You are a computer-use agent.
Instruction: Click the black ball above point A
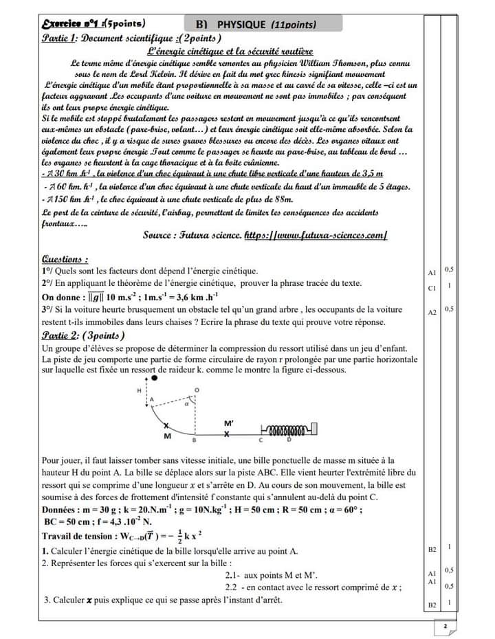(x=155, y=377)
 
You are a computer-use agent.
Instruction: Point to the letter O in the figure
(x=197, y=390)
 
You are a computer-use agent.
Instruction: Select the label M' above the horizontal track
(x=228, y=423)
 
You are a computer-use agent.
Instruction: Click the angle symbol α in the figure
(x=185, y=404)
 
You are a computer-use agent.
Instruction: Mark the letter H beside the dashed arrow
(x=140, y=390)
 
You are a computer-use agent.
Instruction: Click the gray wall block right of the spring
(x=314, y=431)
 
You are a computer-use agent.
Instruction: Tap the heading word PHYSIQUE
(x=243, y=25)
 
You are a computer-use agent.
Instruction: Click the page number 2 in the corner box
(x=445, y=627)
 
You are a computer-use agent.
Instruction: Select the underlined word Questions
(x=65, y=260)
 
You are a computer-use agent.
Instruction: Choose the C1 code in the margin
(x=431, y=289)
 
